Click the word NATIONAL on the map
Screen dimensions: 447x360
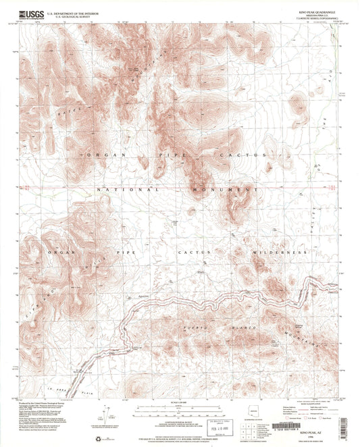(x=126, y=190)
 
